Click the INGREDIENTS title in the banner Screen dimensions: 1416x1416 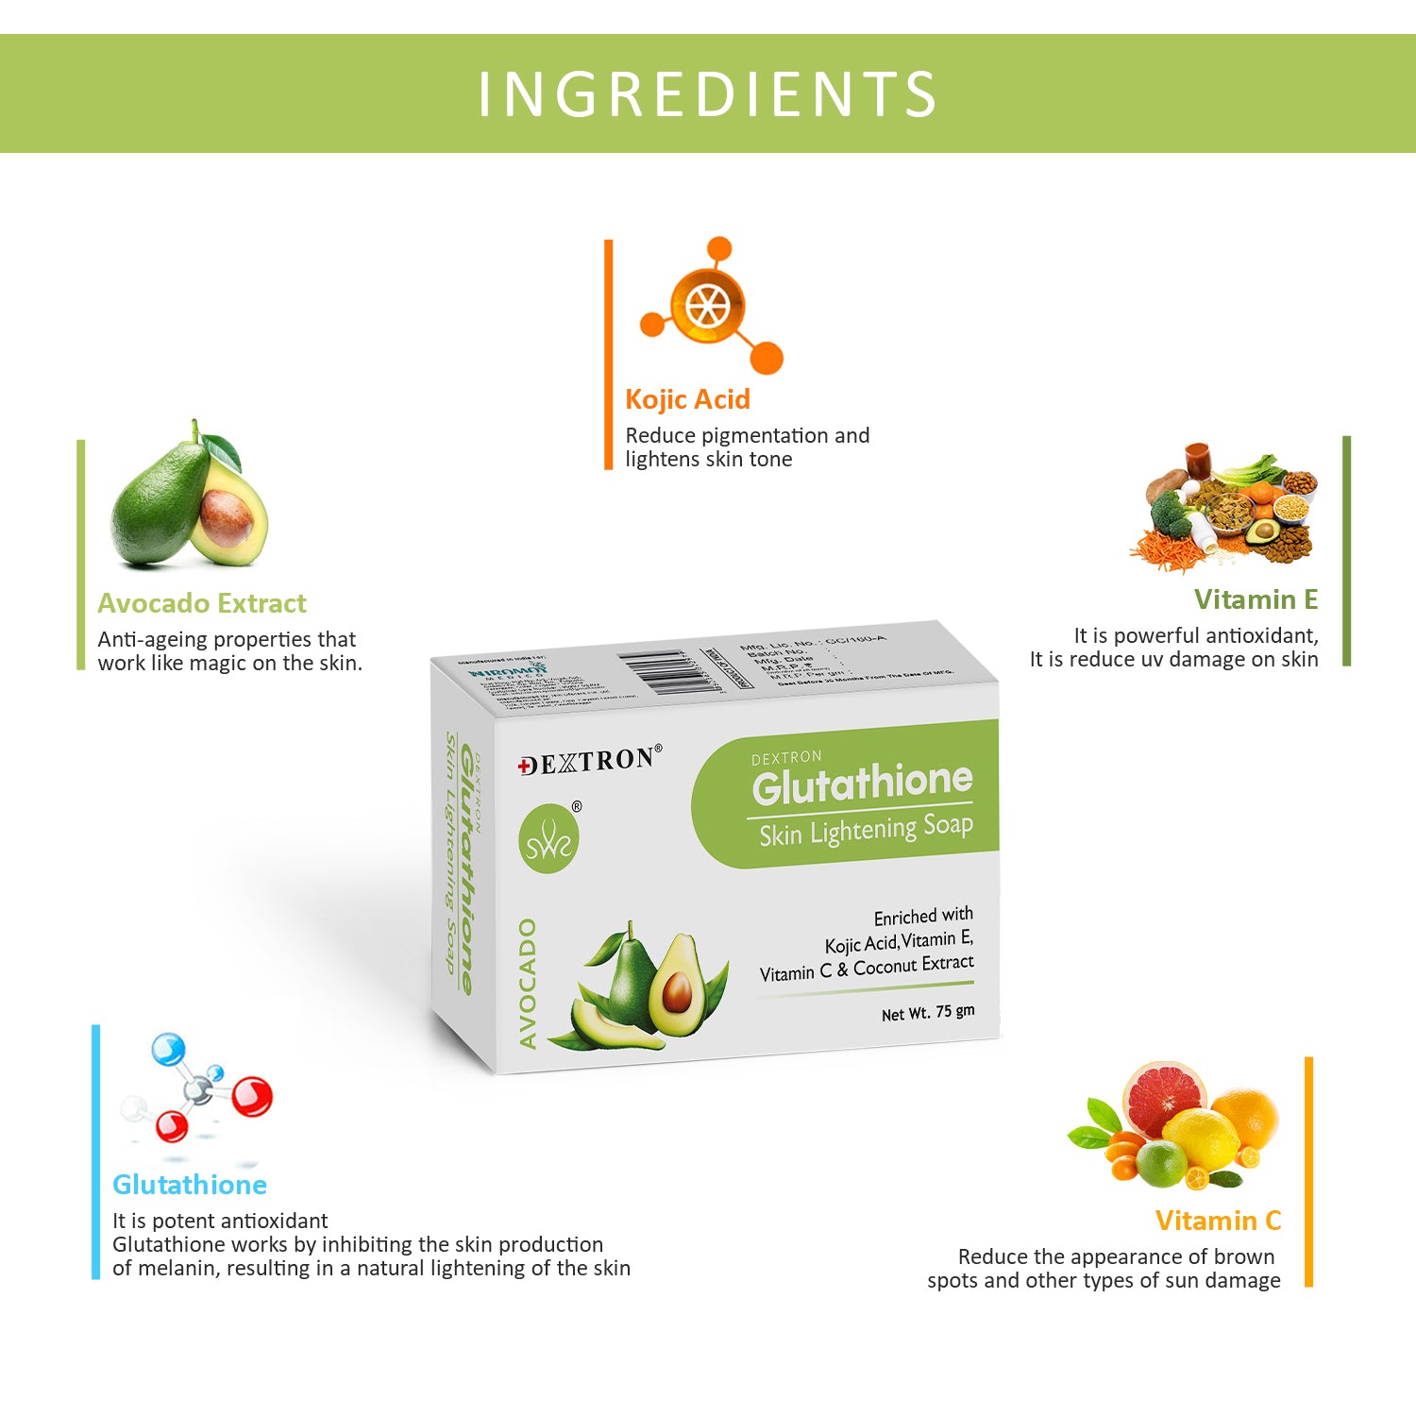(x=707, y=94)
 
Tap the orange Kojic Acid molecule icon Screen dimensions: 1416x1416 (x=710, y=305)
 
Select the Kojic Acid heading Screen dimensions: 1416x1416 (x=687, y=399)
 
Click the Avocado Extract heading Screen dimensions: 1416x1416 (x=202, y=603)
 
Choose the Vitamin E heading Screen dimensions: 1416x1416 (x=1256, y=599)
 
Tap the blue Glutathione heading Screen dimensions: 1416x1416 (x=190, y=1185)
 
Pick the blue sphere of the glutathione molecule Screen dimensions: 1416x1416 (x=169, y=1050)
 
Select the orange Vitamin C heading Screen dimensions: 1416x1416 (x=1218, y=1221)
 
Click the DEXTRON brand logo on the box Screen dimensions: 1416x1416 (x=589, y=761)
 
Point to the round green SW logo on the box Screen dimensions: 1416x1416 (x=548, y=839)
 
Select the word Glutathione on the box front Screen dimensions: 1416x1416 (x=862, y=783)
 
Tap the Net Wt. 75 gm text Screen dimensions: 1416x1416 (x=927, y=1013)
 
